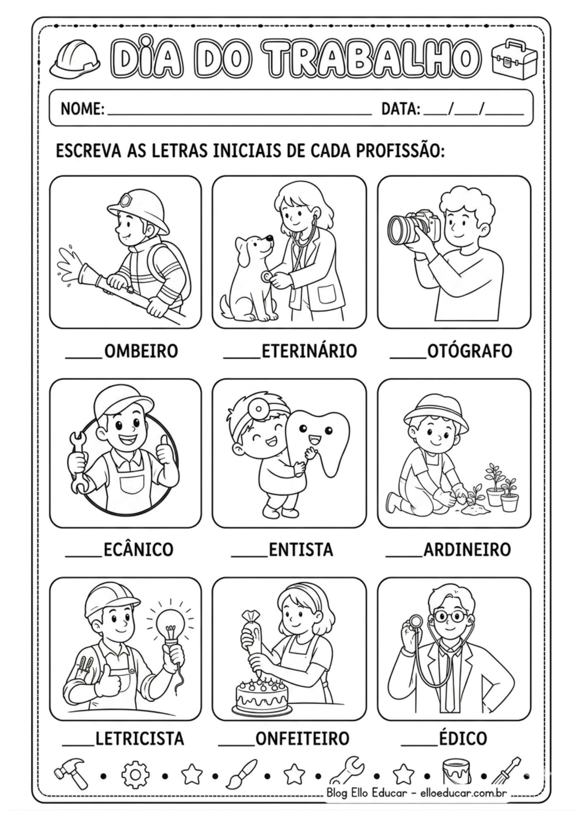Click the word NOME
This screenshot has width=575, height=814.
tap(83, 109)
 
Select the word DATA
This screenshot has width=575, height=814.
tap(401, 109)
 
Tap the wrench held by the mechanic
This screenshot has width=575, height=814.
tap(80, 462)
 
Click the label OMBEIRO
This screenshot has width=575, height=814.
tap(141, 351)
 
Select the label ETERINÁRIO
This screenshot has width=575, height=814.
tap(309, 350)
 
